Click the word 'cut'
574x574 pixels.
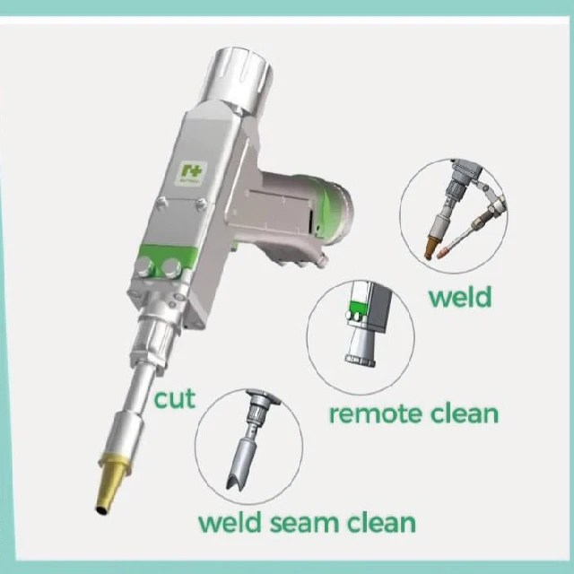[175, 398]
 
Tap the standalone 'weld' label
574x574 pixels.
[459, 296]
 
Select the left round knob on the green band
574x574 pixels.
[144, 265]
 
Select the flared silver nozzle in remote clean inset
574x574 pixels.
[358, 345]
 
